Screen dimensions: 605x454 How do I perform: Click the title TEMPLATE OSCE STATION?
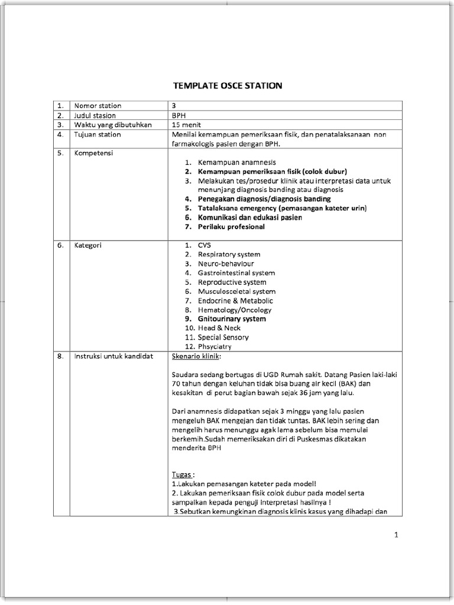(227, 86)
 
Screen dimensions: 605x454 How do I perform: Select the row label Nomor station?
(98, 106)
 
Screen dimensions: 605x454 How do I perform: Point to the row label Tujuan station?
(98, 134)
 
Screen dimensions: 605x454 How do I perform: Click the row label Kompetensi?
(93, 153)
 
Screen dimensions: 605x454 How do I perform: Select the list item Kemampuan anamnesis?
(236, 162)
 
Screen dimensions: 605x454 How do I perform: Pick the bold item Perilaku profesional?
(231, 227)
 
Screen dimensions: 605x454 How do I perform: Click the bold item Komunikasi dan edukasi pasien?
(249, 217)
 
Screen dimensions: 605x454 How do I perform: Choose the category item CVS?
(205, 245)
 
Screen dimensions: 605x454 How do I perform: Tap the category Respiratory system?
(229, 255)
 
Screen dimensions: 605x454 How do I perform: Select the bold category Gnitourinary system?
(232, 319)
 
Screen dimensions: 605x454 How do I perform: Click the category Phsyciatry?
(215, 347)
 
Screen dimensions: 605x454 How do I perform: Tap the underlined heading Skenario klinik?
(197, 356)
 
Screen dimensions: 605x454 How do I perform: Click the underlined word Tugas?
(182, 474)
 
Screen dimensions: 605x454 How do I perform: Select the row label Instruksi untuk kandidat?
(113, 356)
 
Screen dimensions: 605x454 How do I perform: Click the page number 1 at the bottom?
(397, 535)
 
